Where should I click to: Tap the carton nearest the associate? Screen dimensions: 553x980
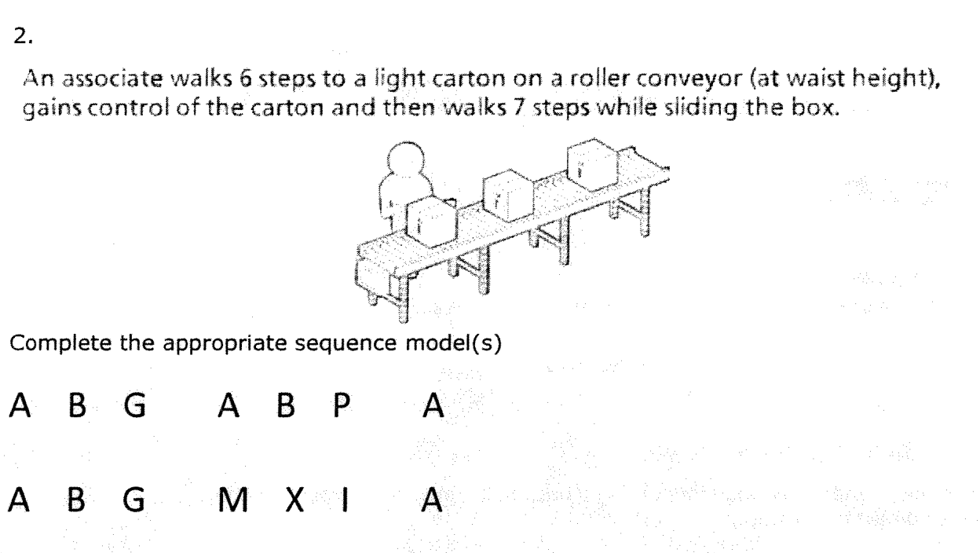click(432, 226)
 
